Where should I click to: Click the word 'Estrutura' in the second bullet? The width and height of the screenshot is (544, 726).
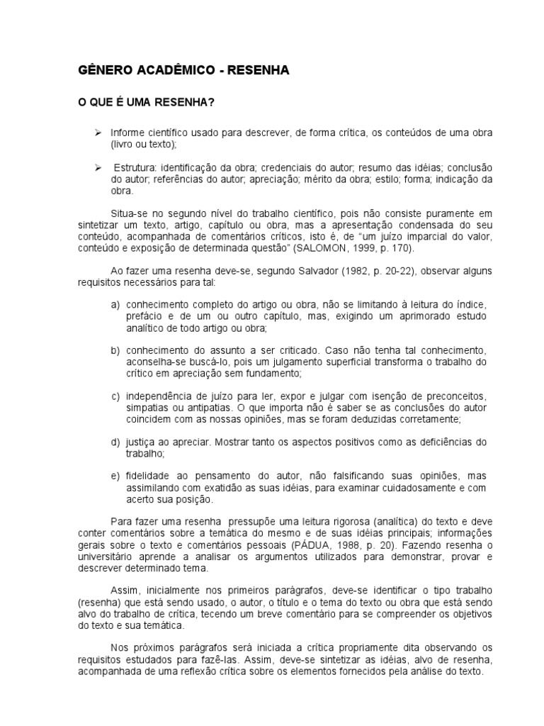[x=133, y=167]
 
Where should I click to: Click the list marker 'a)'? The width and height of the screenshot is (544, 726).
[x=115, y=305]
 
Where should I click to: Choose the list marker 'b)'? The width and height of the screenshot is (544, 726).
[x=115, y=350]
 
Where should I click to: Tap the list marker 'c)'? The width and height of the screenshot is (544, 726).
[x=115, y=396]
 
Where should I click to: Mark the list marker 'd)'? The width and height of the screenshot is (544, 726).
[x=115, y=442]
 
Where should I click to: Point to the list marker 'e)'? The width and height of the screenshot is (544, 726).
[x=115, y=475]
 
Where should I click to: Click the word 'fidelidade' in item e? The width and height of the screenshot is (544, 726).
[x=148, y=475]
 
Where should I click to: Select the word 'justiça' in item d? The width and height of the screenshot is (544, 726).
[x=142, y=442]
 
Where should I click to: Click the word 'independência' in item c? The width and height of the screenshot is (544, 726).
[x=158, y=396]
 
